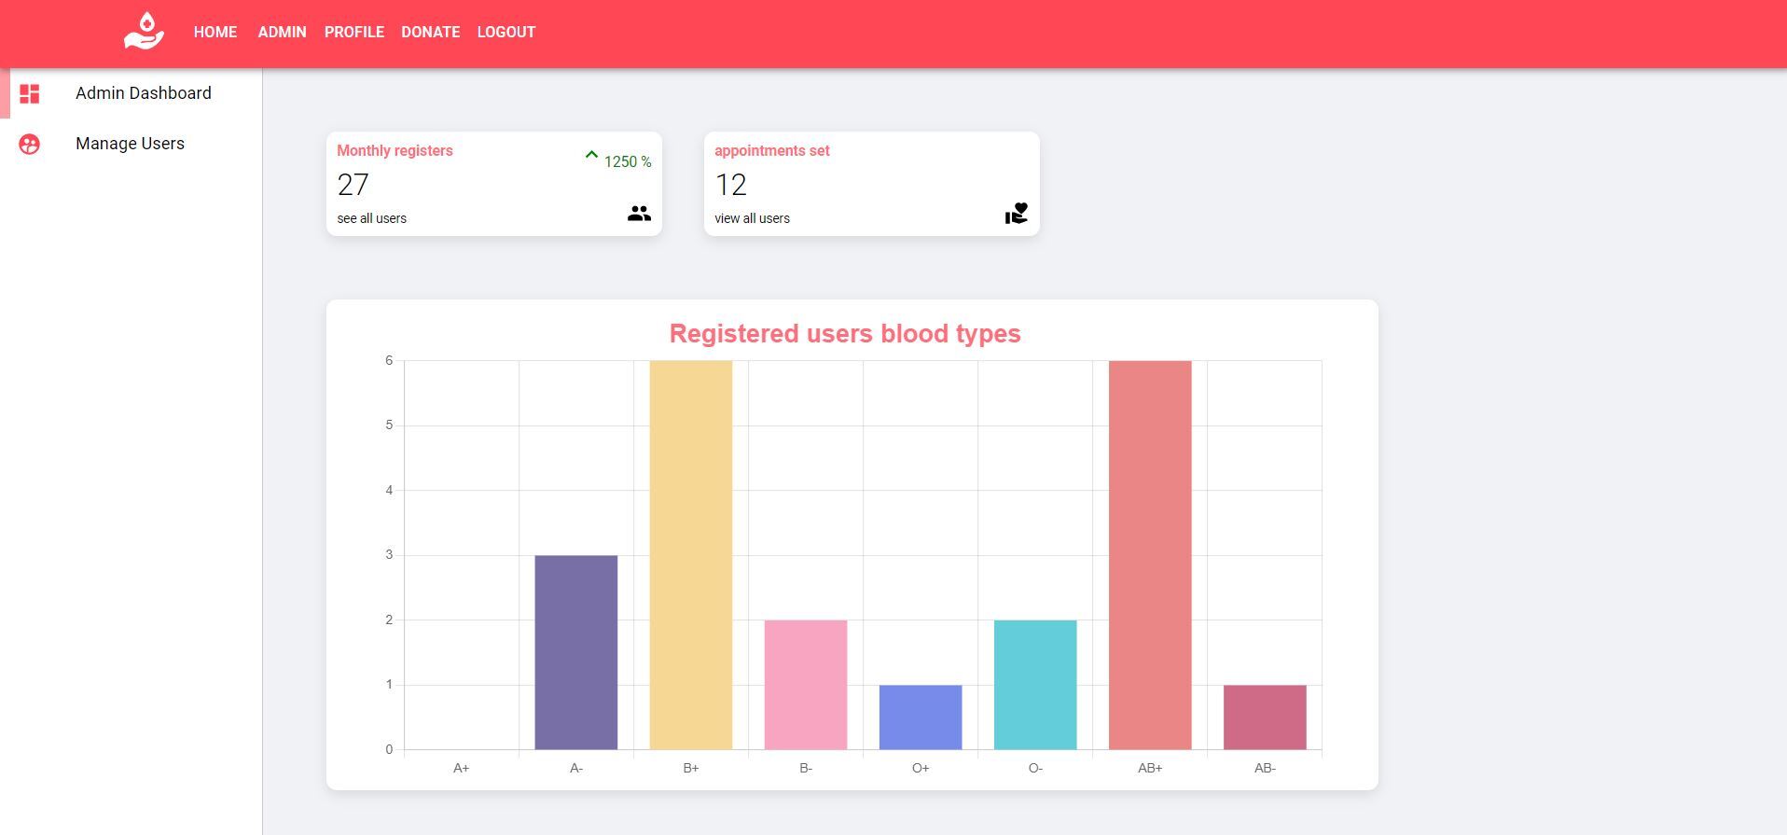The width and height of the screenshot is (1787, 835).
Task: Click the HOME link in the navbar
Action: pos(215,32)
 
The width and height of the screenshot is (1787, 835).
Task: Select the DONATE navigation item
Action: pos(430,32)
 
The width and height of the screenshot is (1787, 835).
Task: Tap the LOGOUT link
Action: pos(506,32)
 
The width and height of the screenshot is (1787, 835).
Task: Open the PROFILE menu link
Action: pos(354,32)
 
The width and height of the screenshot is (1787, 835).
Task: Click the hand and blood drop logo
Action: pos(144,31)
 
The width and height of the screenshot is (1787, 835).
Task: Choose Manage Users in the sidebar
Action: pos(130,144)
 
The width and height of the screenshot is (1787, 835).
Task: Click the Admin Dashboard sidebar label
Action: pos(144,93)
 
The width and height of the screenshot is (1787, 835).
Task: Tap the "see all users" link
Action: pos(371,218)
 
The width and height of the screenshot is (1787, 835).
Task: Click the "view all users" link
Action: pos(752,218)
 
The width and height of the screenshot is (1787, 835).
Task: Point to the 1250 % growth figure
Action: pos(627,161)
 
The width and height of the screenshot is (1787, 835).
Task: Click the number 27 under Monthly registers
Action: pos(353,185)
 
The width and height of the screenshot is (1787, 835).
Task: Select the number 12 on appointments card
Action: pos(730,185)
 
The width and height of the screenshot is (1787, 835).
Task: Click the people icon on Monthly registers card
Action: pos(639,214)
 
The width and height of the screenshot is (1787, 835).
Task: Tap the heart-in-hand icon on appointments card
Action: pos(1016,214)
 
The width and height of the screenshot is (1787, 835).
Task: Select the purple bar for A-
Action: pos(575,652)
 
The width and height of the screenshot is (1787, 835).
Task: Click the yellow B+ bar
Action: pos(690,555)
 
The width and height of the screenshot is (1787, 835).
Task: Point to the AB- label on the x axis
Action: pos(1264,768)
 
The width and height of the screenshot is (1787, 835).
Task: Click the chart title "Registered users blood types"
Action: pos(845,333)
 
